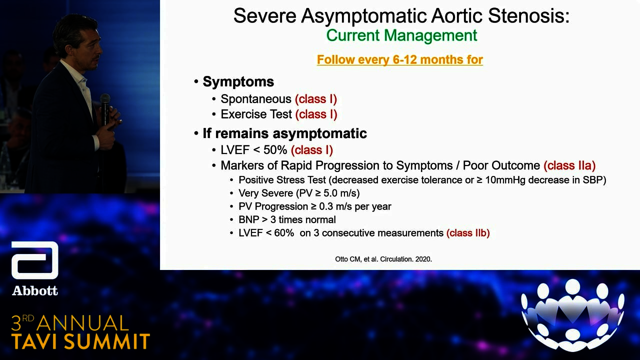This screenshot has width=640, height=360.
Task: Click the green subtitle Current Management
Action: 401,35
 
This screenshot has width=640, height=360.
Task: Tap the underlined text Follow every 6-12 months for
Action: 399,59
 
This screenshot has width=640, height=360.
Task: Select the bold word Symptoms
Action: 238,82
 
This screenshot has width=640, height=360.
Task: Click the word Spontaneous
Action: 255,99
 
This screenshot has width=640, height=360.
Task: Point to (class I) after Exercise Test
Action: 316,114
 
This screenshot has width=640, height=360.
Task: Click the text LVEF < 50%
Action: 253,150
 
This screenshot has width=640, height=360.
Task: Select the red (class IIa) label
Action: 569,165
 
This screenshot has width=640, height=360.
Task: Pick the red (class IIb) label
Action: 468,233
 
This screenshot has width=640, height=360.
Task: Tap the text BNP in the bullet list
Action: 248,219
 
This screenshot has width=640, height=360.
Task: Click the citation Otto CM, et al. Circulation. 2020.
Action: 383,259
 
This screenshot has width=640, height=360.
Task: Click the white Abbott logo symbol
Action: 35,260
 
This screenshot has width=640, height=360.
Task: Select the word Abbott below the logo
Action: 35,291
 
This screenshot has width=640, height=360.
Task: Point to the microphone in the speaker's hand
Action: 105,109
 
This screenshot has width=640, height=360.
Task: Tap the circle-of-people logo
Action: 572,315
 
